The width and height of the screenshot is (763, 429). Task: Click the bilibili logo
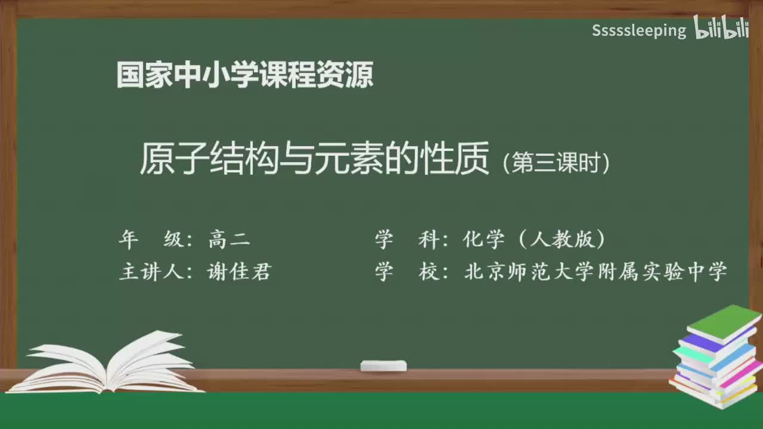(721, 28)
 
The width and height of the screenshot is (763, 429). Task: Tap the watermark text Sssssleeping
(639, 30)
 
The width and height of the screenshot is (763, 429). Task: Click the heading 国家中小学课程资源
(245, 75)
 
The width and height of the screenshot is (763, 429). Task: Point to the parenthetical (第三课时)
(556, 163)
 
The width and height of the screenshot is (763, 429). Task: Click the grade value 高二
(229, 240)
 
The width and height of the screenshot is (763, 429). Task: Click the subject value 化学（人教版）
(534, 240)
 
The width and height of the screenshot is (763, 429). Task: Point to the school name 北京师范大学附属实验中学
(595, 272)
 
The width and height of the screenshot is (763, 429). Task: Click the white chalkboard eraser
(383, 365)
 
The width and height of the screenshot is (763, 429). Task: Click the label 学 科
(406, 240)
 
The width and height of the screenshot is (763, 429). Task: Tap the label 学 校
(406, 272)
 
